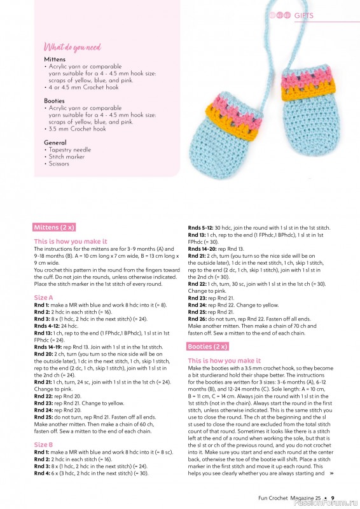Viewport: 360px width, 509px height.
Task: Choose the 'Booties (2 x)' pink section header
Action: point(208,346)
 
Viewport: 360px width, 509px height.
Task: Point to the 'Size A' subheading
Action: point(43,298)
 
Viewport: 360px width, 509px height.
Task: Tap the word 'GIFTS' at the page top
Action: point(303,16)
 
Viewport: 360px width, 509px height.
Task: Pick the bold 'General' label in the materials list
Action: point(55,143)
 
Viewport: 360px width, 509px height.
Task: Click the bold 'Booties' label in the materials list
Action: point(55,101)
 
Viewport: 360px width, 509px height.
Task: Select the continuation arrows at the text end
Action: point(331,473)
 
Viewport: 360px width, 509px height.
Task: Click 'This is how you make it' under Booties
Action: point(224,360)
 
